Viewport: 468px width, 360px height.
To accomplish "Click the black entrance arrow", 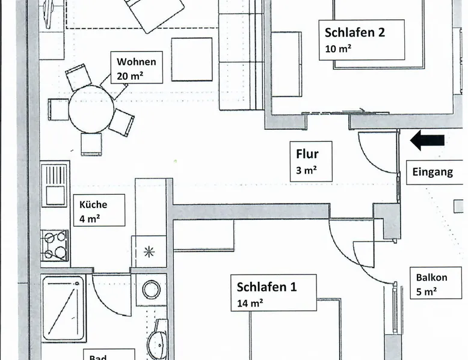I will pos(428,141).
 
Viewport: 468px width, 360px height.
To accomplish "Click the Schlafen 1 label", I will pos(266,287).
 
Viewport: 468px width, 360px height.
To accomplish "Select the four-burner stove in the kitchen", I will pos(55,246).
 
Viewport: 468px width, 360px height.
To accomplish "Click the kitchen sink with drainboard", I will pos(55,185).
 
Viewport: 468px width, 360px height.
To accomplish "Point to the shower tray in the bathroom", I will pos(63,308).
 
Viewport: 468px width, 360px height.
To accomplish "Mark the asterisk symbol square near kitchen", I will pos(149,252).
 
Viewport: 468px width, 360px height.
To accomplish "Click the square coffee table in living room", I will pos(192,59).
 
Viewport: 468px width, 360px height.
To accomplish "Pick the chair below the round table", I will pos(91,144).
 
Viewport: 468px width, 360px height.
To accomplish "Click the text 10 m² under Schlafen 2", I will pos(337,49).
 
